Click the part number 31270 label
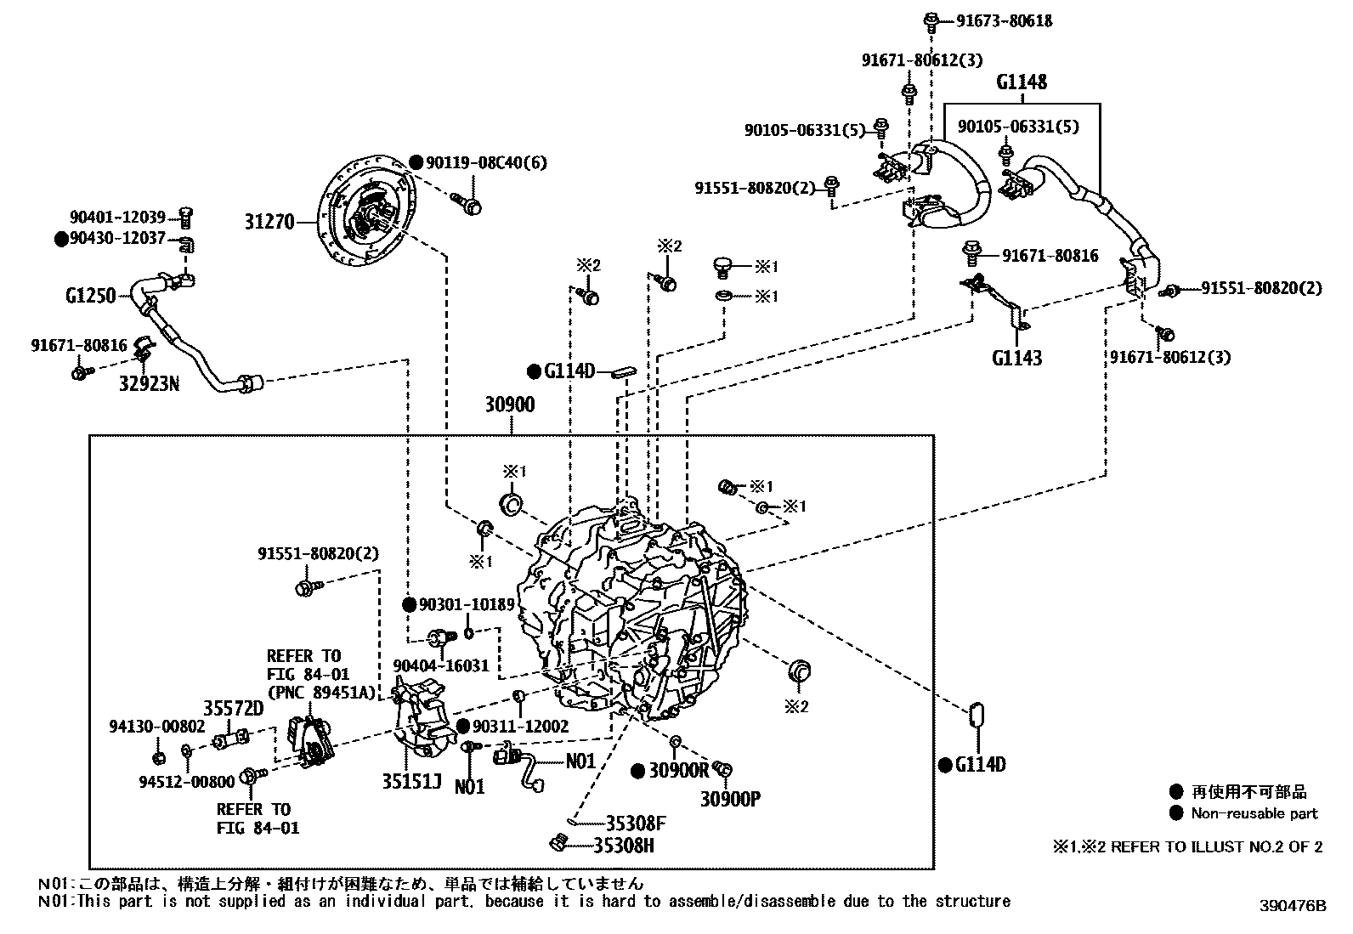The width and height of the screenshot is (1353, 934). tap(269, 222)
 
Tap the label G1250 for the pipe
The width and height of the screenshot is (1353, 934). tap(90, 297)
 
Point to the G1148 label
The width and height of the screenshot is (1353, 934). tap(1022, 82)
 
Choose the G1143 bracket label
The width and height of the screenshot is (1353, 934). tap(1016, 358)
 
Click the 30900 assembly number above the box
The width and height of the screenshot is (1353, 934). tap(510, 405)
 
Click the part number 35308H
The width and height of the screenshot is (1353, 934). tap(629, 846)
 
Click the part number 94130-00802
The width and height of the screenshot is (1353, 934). tap(157, 727)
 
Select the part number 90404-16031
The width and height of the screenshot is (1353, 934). tap(441, 665)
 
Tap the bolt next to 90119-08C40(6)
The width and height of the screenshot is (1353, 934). tap(468, 203)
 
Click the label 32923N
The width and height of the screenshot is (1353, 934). tap(149, 384)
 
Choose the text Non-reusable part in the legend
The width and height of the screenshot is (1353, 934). tap(1254, 813)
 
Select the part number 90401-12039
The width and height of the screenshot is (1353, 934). tap(117, 218)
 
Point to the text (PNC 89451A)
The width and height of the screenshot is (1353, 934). tap(320, 692)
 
